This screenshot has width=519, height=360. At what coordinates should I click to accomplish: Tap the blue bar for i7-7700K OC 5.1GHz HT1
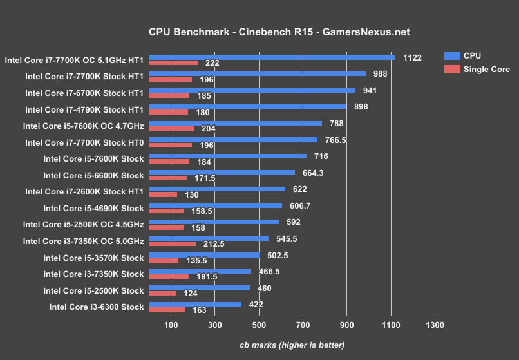(272, 57)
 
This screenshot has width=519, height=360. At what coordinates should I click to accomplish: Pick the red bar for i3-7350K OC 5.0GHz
(172, 244)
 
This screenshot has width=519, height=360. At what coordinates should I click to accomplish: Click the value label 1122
(412, 57)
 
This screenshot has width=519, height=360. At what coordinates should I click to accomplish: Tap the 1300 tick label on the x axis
(435, 325)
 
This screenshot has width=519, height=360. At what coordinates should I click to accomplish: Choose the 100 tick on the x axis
(171, 325)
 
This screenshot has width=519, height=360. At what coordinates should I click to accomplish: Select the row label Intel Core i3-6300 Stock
(96, 307)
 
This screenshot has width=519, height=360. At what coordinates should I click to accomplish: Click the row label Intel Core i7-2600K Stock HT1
(84, 191)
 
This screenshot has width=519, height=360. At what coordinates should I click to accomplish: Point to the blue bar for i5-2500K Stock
(199, 288)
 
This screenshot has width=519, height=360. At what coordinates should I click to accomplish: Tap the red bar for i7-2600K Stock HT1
(163, 194)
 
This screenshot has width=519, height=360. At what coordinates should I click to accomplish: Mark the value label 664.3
(313, 173)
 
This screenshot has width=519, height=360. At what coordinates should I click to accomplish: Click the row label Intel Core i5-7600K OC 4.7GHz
(83, 126)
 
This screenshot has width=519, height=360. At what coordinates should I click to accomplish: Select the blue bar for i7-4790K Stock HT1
(248, 107)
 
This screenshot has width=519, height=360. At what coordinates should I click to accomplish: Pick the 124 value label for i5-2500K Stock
(191, 294)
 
